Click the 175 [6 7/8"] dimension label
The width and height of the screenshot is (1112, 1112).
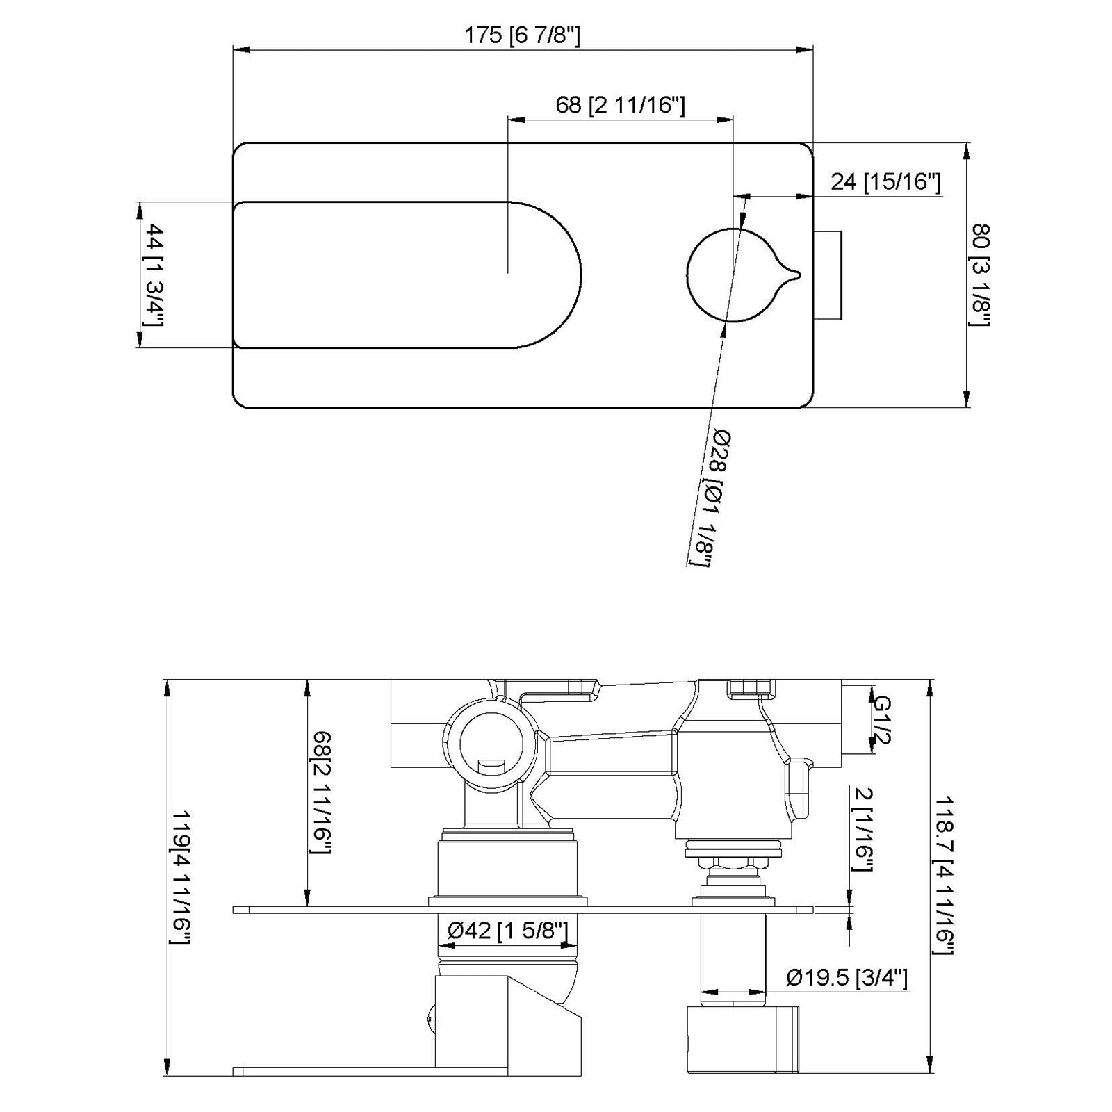521,35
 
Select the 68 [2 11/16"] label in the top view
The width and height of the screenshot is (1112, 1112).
620,105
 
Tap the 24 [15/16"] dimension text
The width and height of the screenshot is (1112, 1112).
885,182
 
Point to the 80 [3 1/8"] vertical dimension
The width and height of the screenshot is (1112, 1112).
981,275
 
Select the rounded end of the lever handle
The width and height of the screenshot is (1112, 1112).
556,275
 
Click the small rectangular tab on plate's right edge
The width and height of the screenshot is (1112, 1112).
828,275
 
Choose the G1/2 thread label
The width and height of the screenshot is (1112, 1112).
881,720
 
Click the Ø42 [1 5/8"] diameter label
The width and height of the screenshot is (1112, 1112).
507,931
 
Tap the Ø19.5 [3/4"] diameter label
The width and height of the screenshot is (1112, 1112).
847,978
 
